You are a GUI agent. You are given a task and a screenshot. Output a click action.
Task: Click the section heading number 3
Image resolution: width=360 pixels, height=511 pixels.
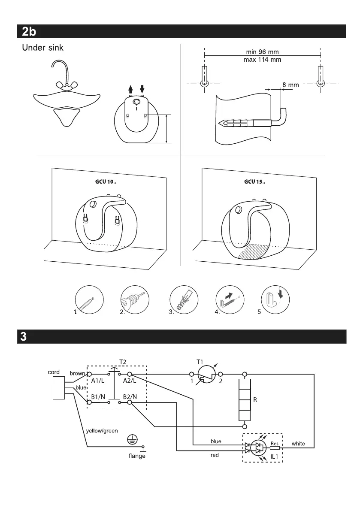24,336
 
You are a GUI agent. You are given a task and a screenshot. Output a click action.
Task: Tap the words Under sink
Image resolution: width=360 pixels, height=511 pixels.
42,48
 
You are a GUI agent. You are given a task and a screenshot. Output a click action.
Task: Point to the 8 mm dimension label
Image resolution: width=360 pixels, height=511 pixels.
290,85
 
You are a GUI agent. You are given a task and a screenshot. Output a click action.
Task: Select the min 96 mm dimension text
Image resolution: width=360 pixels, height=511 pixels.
262,52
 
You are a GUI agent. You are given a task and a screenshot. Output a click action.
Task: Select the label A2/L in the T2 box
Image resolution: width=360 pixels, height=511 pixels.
130,381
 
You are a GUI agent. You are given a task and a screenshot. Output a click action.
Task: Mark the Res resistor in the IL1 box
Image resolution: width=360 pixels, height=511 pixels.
275,448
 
